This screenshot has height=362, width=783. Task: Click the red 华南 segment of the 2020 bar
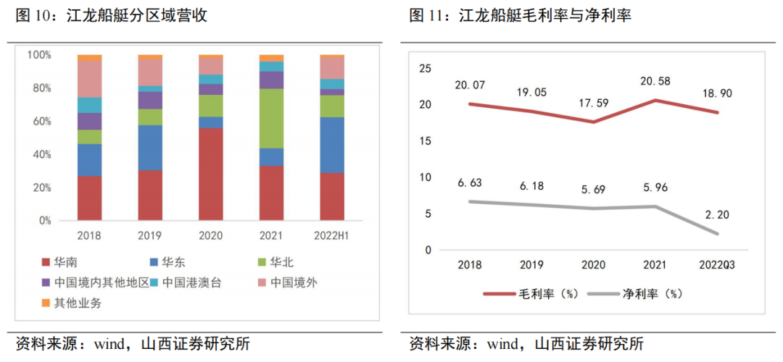(x=211, y=174)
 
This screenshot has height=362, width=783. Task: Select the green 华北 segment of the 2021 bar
(x=271, y=118)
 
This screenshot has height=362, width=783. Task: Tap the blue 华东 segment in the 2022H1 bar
(x=332, y=145)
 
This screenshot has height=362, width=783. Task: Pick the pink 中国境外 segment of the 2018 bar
(x=90, y=79)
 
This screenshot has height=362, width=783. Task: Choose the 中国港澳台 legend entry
(x=186, y=282)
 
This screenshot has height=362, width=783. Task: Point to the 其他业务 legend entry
(x=73, y=303)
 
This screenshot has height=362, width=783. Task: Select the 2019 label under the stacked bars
(x=150, y=236)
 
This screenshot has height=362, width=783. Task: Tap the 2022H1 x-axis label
(x=332, y=236)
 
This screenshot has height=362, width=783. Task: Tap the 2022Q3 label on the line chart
(x=716, y=265)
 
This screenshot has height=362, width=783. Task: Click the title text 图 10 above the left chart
(x=34, y=15)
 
